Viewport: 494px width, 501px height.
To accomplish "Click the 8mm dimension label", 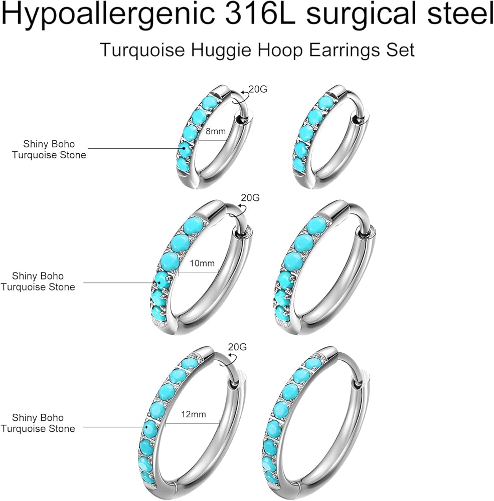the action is tap(216, 132).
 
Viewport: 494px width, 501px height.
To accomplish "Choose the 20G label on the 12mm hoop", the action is tap(237, 347).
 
